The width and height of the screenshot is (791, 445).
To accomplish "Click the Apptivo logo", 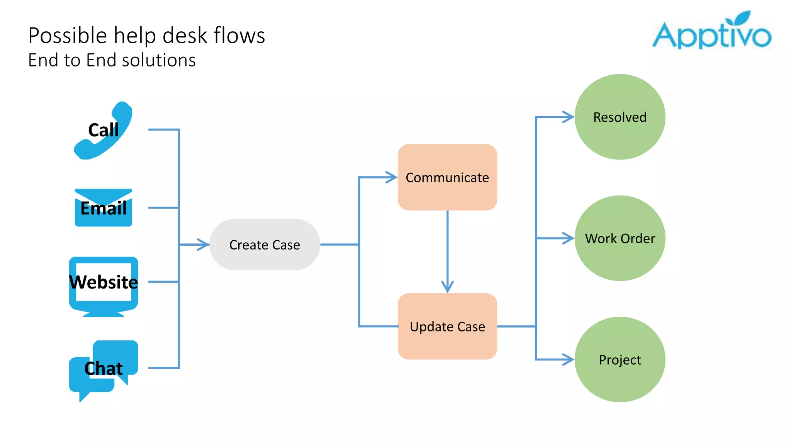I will point(711,35).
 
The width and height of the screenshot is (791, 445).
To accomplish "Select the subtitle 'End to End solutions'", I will point(112,60).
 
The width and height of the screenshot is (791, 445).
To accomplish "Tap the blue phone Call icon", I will point(103,131).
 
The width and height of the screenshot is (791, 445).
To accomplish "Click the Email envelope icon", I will point(103,208).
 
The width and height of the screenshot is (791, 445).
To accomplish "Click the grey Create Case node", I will point(265,245).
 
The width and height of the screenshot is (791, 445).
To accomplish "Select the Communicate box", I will point(447,177).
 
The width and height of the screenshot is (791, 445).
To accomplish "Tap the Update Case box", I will point(447,326).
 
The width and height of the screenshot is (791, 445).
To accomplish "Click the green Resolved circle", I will point(620,117).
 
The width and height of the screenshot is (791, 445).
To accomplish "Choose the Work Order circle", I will point(620,238).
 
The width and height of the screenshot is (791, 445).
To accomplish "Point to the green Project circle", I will point(620,360).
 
